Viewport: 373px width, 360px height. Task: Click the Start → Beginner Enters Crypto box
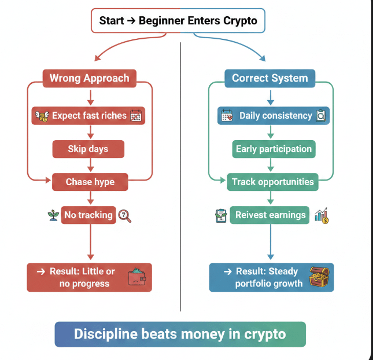tap(178, 21)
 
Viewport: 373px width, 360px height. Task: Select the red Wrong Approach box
tap(89, 78)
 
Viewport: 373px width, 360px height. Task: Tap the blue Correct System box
tap(269, 78)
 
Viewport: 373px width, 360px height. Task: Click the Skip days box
tap(88, 149)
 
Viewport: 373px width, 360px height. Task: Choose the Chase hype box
tap(90, 182)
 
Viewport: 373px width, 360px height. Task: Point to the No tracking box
tap(88, 215)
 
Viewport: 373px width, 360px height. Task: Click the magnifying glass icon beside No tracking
tap(125, 216)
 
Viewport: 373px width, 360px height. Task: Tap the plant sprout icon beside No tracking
tap(53, 215)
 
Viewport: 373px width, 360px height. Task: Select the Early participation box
tap(274, 149)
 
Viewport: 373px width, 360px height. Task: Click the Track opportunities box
tap(273, 182)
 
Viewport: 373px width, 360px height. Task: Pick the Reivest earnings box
tap(270, 215)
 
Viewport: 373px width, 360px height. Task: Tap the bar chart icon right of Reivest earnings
tap(322, 215)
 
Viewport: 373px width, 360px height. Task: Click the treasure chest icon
tap(319, 277)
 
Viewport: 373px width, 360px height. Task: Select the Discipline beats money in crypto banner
tap(180, 334)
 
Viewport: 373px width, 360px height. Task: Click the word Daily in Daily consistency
tap(250, 116)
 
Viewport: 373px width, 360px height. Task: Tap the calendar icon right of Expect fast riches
tap(136, 116)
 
